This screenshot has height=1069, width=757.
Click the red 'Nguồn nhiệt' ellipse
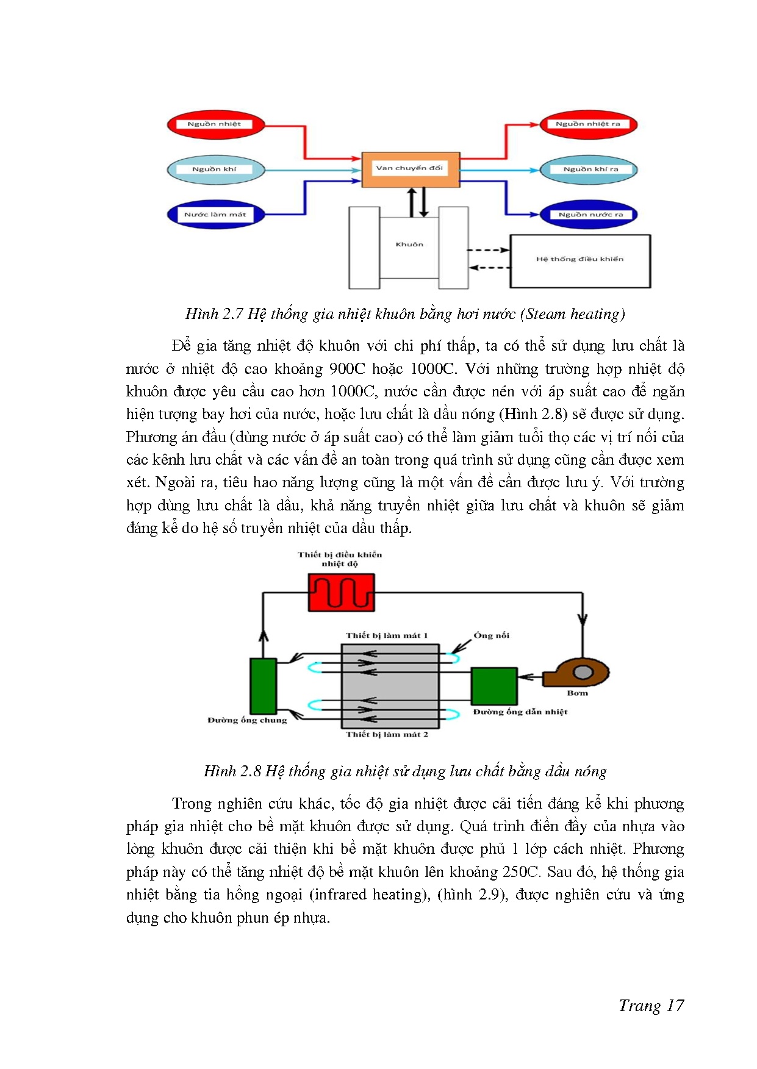click(215, 124)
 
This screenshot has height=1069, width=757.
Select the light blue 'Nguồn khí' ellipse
click(215, 170)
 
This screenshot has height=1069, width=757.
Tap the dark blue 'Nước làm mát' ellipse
click(215, 215)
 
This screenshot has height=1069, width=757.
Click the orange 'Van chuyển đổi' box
click(410, 169)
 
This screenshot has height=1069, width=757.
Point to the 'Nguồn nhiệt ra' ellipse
click(588, 124)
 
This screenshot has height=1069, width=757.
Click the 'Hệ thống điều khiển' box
click(580, 260)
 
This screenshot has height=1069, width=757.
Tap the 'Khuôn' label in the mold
click(409, 245)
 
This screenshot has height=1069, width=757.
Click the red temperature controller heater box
click(341, 592)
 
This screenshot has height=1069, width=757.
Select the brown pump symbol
click(576, 673)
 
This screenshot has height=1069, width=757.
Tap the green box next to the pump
click(494, 686)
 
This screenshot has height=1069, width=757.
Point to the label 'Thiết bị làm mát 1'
click(387, 635)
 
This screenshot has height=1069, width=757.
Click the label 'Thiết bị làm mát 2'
click(387, 735)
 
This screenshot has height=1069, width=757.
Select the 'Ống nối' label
click(491, 635)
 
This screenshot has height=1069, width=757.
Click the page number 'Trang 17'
click(651, 1006)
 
